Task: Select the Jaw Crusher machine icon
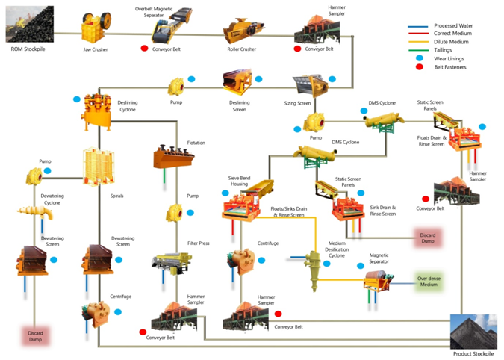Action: [93, 32]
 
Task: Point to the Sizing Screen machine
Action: [306, 85]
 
